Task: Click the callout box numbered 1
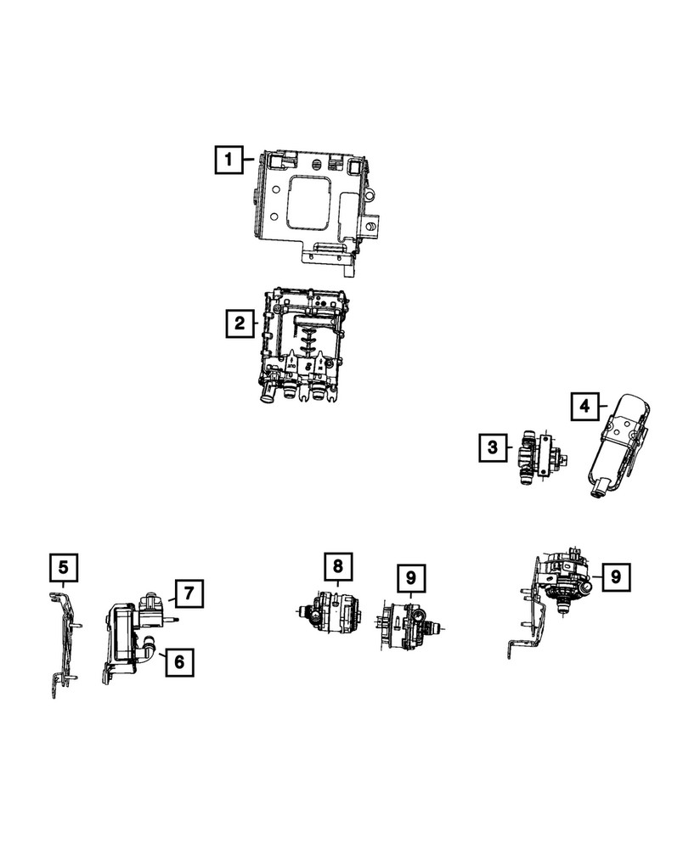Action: click(x=227, y=159)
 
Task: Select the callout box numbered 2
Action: click(x=240, y=323)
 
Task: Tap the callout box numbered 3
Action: click(x=492, y=447)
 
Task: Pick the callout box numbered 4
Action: click(x=584, y=408)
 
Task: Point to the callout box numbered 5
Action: click(x=64, y=566)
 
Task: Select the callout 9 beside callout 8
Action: click(x=410, y=578)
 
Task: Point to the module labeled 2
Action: click(x=306, y=348)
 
